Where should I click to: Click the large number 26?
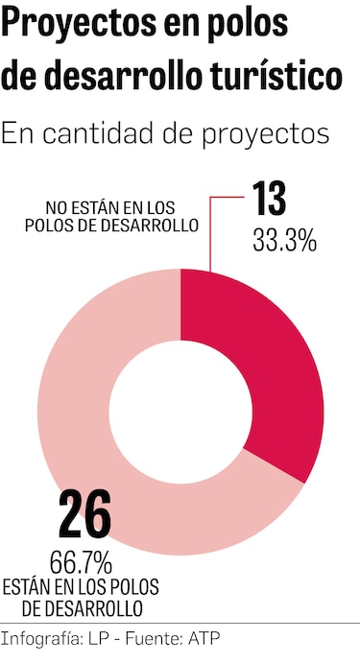[84, 515]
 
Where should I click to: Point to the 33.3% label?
[283, 241]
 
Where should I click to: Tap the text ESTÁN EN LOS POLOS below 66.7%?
[81, 586]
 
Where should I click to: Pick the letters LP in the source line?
[98, 638]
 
